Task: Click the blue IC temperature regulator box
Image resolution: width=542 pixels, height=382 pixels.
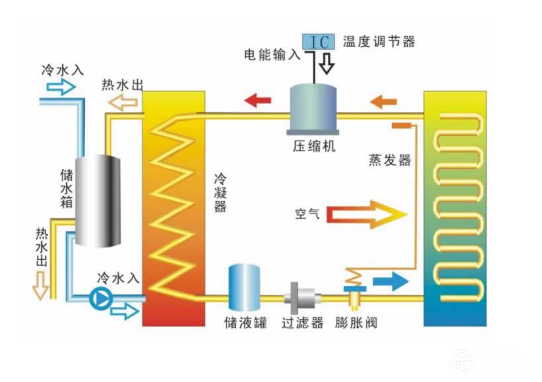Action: (x=319, y=42)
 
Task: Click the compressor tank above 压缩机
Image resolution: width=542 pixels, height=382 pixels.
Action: (x=313, y=106)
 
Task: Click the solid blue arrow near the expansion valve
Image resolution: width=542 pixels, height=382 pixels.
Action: (x=390, y=281)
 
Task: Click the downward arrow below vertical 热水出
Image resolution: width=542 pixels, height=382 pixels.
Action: (x=41, y=286)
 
